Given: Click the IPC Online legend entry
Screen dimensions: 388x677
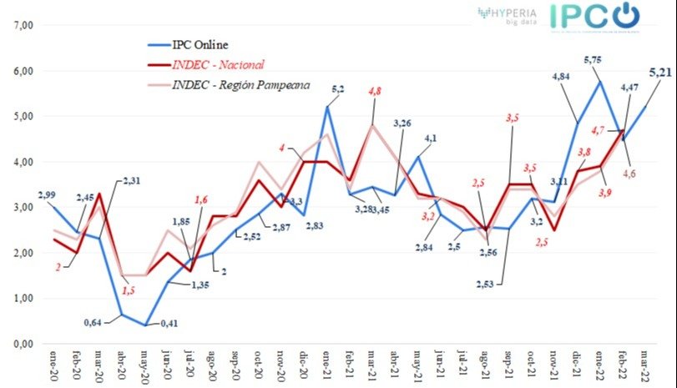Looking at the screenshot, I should point(200,43).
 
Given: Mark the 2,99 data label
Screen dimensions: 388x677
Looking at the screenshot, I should point(47,194).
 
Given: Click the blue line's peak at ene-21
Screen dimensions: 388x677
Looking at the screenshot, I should point(327,107).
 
